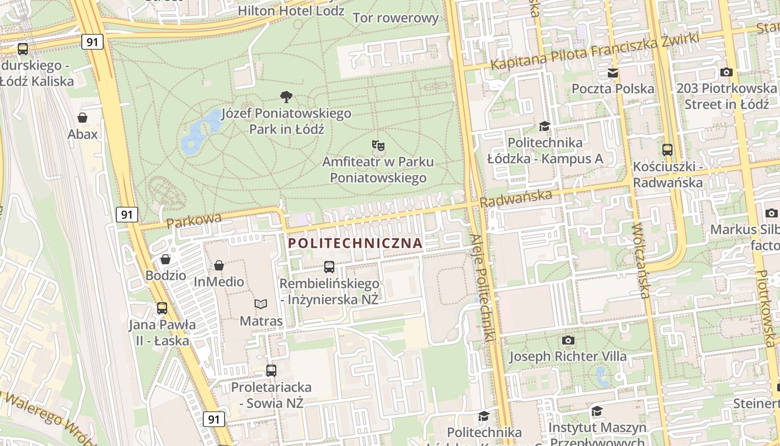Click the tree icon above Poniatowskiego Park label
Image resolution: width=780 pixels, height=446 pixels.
pyautogui.click(x=286, y=97)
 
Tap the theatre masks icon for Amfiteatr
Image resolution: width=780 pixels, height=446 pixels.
pyautogui.click(x=378, y=146)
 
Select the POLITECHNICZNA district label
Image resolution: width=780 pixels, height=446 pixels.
pyautogui.click(x=355, y=244)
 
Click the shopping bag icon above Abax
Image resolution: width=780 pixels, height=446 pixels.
pyautogui.click(x=82, y=118)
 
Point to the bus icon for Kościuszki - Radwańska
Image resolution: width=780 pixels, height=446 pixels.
pyautogui.click(x=667, y=149)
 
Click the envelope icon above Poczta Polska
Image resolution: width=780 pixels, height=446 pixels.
pyautogui.click(x=613, y=73)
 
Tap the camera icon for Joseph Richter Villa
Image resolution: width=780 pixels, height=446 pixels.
pyautogui.click(x=568, y=340)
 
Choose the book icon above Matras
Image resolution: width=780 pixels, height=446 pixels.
pyautogui.click(x=261, y=304)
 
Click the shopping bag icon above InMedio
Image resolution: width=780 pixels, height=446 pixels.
pyautogui.click(x=219, y=265)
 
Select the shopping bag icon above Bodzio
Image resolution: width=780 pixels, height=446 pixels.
pyautogui.click(x=165, y=259)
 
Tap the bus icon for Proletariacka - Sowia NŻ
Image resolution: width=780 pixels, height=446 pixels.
pyautogui.click(x=271, y=370)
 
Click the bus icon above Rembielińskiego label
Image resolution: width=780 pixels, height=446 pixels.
pyautogui.click(x=329, y=266)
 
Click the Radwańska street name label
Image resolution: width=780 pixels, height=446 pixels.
pyautogui.click(x=516, y=197)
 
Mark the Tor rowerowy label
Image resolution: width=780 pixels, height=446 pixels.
pyautogui.click(x=396, y=18)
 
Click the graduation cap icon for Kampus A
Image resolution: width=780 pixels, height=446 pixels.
pyautogui.click(x=544, y=126)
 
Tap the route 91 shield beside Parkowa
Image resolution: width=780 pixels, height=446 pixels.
pyautogui.click(x=127, y=214)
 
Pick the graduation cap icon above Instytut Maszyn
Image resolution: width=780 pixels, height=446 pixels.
pyautogui.click(x=597, y=411)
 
